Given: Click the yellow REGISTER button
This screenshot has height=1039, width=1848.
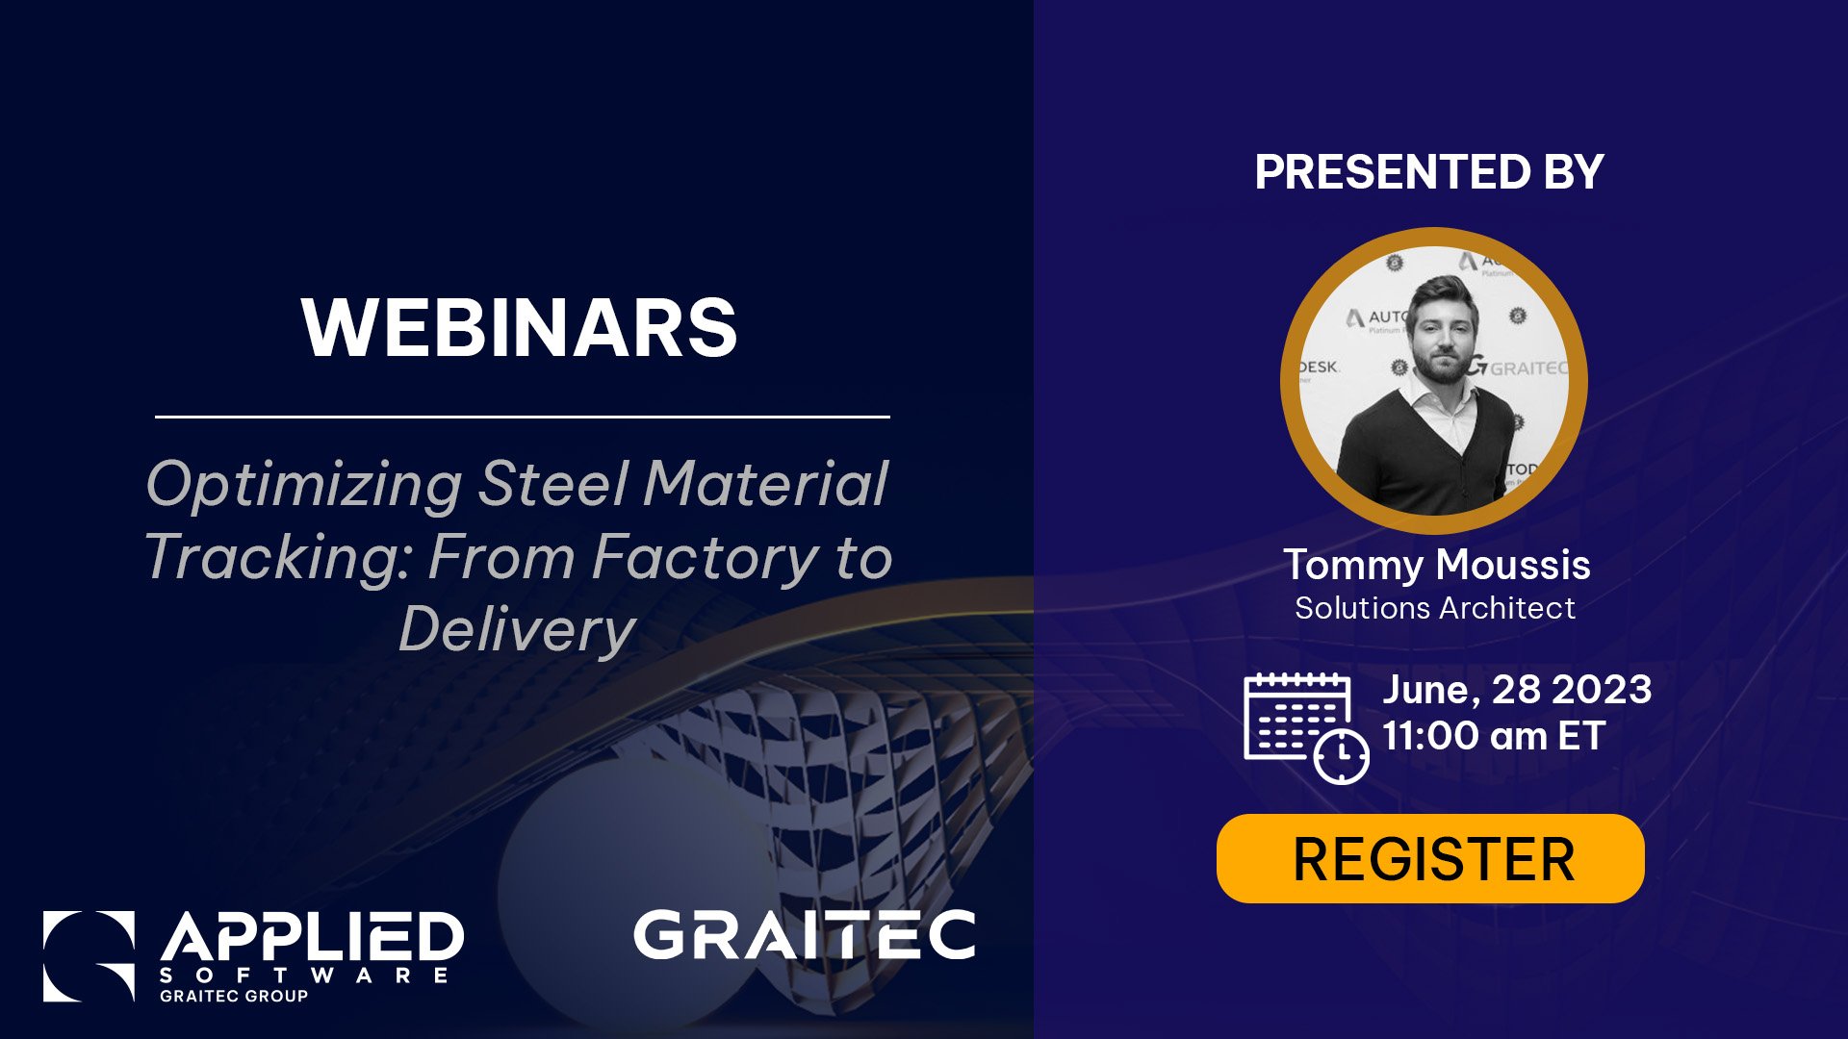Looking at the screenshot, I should click(x=1430, y=858).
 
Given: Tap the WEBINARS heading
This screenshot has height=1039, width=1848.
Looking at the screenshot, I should click(x=519, y=327).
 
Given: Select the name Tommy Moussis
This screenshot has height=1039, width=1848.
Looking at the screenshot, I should click(x=1436, y=565).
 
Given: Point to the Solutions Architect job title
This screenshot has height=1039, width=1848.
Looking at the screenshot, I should click(x=1434, y=608).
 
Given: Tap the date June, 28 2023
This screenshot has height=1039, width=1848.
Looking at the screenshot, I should click(x=1517, y=690).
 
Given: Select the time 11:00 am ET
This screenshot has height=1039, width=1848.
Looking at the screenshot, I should click(x=1494, y=736).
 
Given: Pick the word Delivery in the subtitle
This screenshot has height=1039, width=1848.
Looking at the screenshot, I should click(x=518, y=630).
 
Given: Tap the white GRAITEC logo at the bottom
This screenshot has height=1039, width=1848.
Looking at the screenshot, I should click(x=805, y=934).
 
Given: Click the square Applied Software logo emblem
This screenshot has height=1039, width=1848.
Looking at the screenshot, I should click(x=89, y=956).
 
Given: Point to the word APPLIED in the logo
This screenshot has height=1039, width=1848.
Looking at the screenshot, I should click(x=312, y=937).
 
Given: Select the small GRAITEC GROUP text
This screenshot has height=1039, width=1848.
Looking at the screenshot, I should click(x=234, y=997).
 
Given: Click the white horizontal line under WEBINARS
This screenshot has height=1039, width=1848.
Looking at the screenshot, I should click(x=522, y=417).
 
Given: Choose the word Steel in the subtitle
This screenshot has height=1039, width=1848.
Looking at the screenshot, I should click(x=553, y=484).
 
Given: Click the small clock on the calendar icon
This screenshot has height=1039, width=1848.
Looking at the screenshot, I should click(x=1342, y=756).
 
